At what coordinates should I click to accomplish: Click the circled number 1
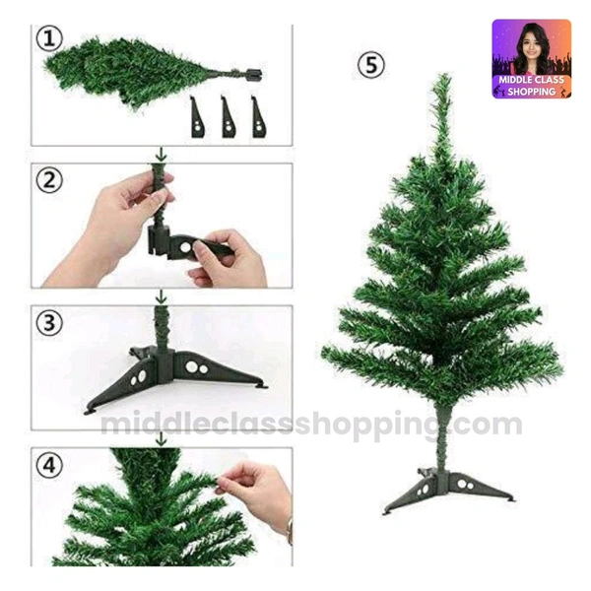pyautogui.click(x=49, y=38)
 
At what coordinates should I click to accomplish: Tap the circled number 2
pyautogui.click(x=49, y=180)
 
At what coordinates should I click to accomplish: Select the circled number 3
pyautogui.click(x=49, y=323)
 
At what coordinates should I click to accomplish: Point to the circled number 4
pyautogui.click(x=49, y=466)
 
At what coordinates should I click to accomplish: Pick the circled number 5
pyautogui.click(x=371, y=64)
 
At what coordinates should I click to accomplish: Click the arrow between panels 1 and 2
pyautogui.click(x=162, y=155)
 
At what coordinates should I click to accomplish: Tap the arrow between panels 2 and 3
pyautogui.click(x=162, y=296)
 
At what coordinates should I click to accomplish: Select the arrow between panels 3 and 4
pyautogui.click(x=162, y=439)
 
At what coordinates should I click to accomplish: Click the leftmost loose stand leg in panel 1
pyautogui.click(x=198, y=117)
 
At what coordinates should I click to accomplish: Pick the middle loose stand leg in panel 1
pyautogui.click(x=229, y=117)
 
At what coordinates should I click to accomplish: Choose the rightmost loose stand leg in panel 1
pyautogui.click(x=258, y=117)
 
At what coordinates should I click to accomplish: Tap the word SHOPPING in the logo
pyautogui.click(x=532, y=92)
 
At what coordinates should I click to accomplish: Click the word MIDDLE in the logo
pyautogui.click(x=515, y=80)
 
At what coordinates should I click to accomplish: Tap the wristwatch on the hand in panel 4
pyautogui.click(x=290, y=531)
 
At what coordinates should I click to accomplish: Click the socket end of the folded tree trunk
pyautogui.click(x=253, y=74)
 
